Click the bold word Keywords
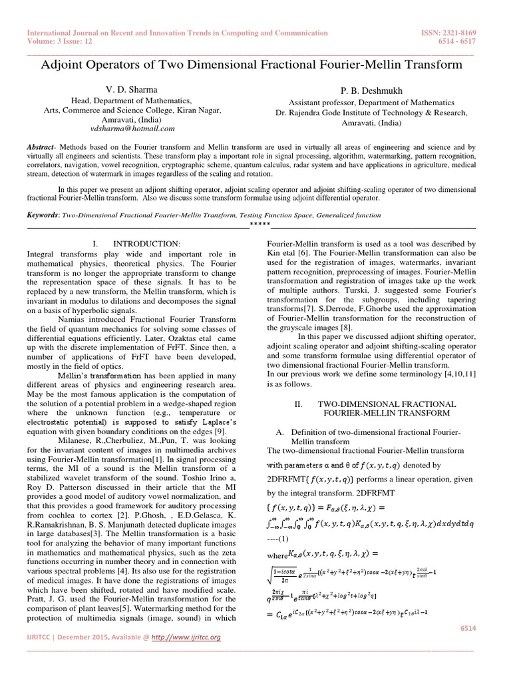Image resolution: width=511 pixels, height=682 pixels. click(42, 215)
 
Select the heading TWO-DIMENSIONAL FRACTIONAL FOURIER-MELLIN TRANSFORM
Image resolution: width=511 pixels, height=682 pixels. click(377, 409)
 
